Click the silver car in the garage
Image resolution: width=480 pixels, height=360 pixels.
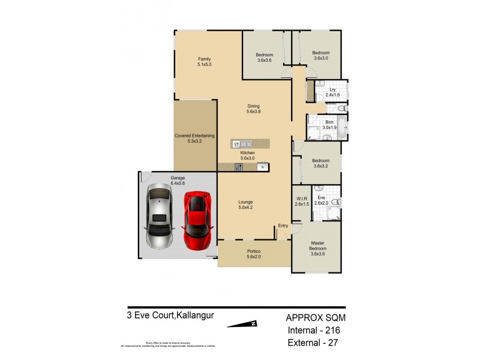tap(159, 216)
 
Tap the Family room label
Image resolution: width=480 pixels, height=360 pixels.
tap(205, 62)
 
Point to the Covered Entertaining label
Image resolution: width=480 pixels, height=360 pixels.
tap(194, 139)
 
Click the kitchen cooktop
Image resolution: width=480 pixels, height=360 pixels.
tap(238, 167)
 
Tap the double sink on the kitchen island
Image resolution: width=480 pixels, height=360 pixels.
tap(239, 144)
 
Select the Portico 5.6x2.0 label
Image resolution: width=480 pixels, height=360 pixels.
tap(254, 254)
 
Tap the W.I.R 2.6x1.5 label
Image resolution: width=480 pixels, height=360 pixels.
tap(302, 202)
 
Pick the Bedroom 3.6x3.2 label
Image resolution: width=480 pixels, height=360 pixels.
tap(320, 163)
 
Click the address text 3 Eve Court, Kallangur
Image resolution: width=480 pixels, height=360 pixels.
tap(170, 314)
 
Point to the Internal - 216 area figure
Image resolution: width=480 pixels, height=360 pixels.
tap(316, 331)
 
